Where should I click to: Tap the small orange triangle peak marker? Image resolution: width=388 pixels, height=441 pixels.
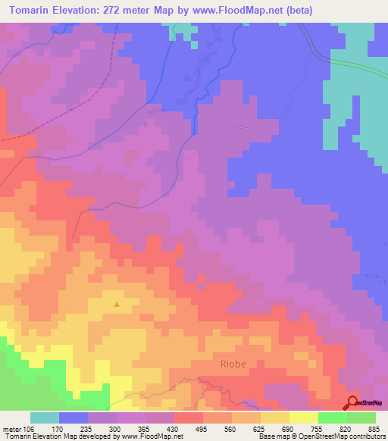pyautogui.click(x=117, y=305)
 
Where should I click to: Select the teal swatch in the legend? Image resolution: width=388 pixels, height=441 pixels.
pyautogui.click(x=44, y=418)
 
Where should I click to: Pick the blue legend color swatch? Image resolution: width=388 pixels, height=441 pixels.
pyautogui.click(x=73, y=418)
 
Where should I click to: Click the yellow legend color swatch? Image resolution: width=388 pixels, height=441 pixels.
pyautogui.click(x=303, y=418)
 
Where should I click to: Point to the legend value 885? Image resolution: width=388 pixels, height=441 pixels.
pyautogui.click(x=374, y=429)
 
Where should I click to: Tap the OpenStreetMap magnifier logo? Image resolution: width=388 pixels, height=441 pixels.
pyautogui.click(x=352, y=403)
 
